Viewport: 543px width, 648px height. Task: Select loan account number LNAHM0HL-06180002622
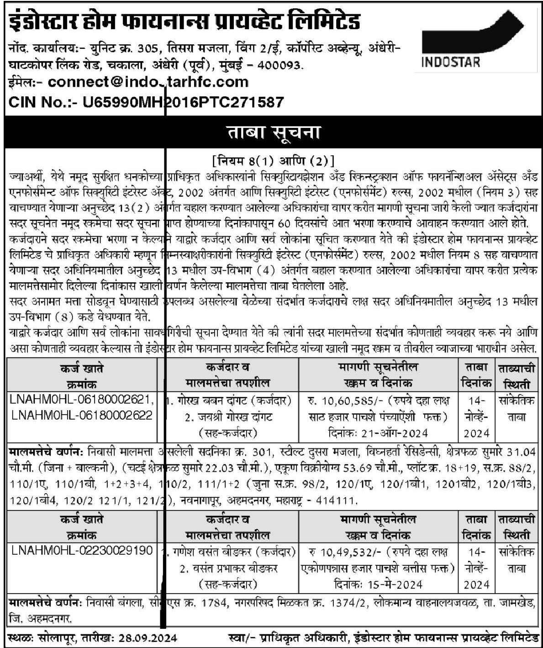pos(82,416)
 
